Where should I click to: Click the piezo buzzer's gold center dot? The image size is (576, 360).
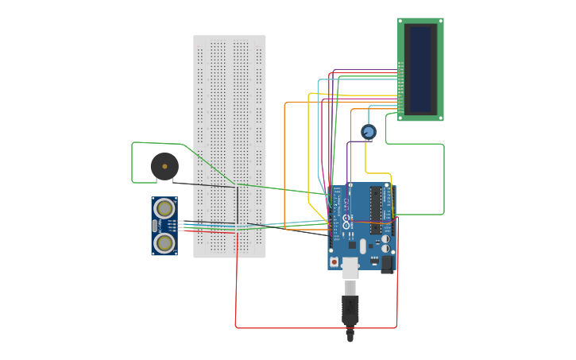point(164,166)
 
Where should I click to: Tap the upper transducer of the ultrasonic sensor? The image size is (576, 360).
point(164,209)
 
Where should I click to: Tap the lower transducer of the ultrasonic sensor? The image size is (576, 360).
point(164,242)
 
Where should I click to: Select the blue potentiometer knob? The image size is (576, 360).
point(368,132)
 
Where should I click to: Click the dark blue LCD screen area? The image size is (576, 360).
point(420,69)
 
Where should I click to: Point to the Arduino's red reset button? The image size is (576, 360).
point(334,261)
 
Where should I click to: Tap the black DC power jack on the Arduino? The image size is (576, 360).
point(388,264)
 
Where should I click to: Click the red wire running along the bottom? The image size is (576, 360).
point(318,327)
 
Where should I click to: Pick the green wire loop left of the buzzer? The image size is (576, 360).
point(133,163)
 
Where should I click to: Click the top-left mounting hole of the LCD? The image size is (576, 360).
point(402,21)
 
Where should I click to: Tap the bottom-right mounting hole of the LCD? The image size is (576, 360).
point(439,117)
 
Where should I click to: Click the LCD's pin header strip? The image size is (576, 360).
point(401,87)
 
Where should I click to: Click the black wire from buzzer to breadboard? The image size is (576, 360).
point(207,184)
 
